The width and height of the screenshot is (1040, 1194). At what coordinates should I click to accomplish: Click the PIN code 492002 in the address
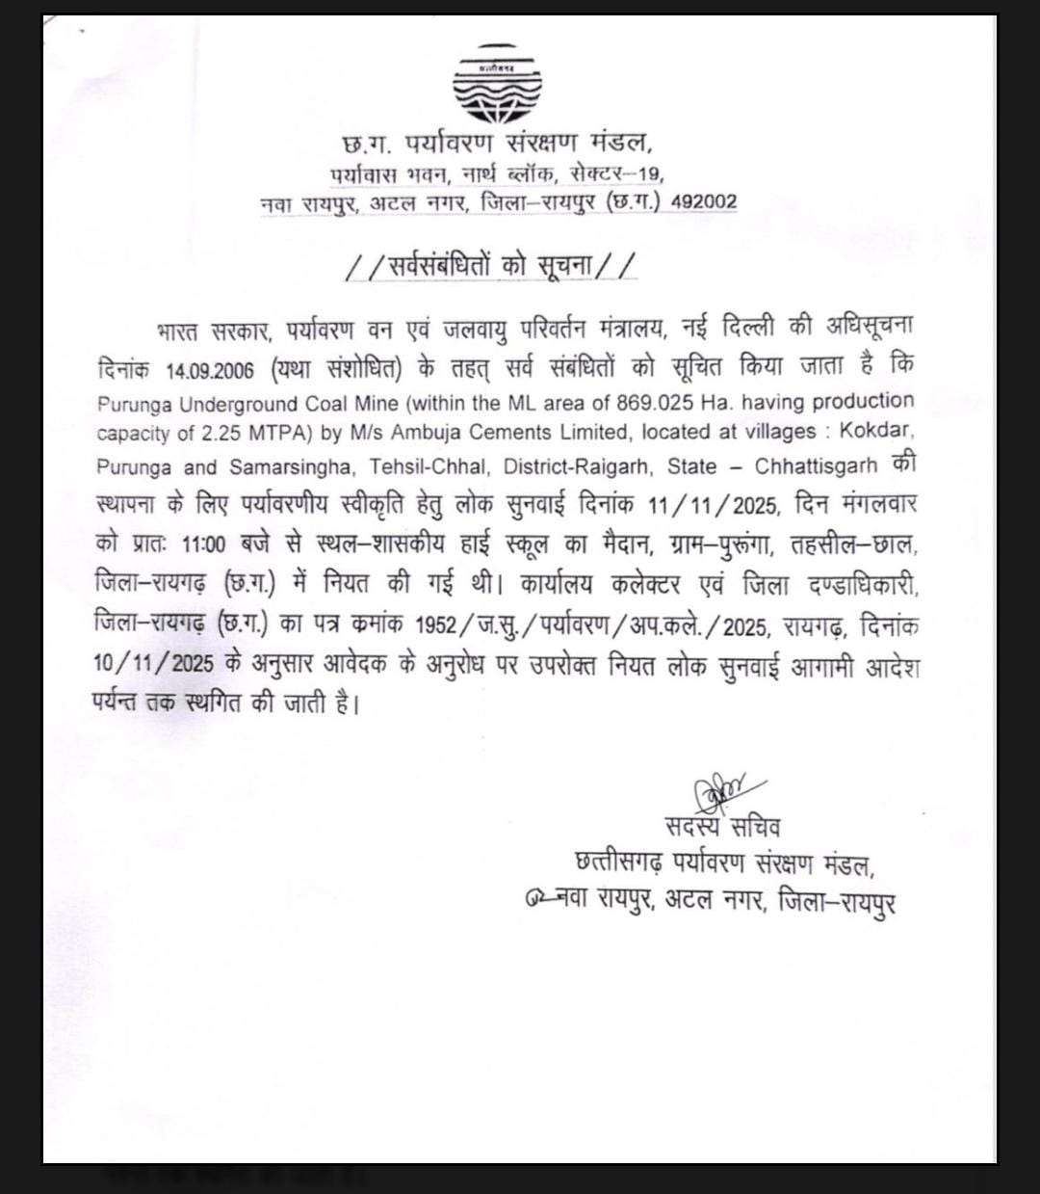704,202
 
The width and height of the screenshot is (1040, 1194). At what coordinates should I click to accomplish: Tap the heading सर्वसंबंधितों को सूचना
492,265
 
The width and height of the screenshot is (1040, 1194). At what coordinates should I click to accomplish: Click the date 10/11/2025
140,664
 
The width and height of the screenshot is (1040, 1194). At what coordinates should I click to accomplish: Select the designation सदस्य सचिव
722,827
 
